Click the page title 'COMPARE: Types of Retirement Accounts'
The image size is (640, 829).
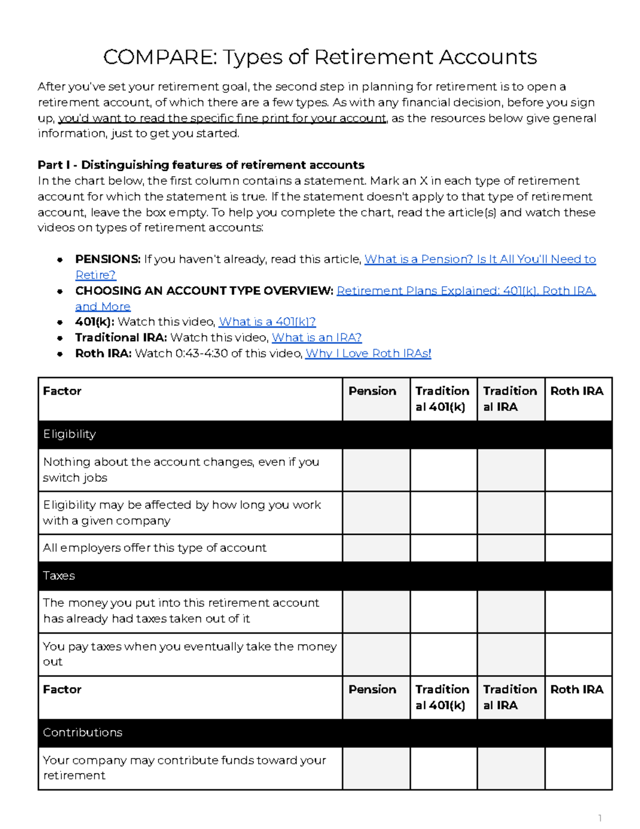coord(319,57)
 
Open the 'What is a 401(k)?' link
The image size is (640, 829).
coord(267,322)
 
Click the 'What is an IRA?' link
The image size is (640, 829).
coord(317,337)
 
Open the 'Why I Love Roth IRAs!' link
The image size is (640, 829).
coord(368,353)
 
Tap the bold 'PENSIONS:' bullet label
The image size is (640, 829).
coord(108,259)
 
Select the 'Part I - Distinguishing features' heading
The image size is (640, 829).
coord(201,165)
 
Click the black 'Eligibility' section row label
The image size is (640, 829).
coord(69,435)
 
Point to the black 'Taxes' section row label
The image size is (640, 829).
coord(59,576)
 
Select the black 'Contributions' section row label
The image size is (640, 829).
coord(83,732)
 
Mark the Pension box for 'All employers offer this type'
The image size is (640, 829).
coord(376,548)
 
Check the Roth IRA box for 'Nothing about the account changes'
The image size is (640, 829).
coord(578,470)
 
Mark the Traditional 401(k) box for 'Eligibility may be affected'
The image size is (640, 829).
coord(443,513)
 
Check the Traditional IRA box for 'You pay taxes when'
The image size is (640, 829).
coord(511,654)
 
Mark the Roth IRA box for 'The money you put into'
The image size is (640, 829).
coord(578,611)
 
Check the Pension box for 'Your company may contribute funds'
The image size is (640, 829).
coord(376,768)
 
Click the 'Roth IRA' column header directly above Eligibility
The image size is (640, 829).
coord(577,391)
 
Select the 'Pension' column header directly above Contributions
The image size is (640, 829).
coord(372,690)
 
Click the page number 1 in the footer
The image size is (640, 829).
coord(600,818)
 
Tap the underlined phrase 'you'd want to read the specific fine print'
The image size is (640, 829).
coord(222,119)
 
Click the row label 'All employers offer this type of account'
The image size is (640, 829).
coord(155,548)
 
